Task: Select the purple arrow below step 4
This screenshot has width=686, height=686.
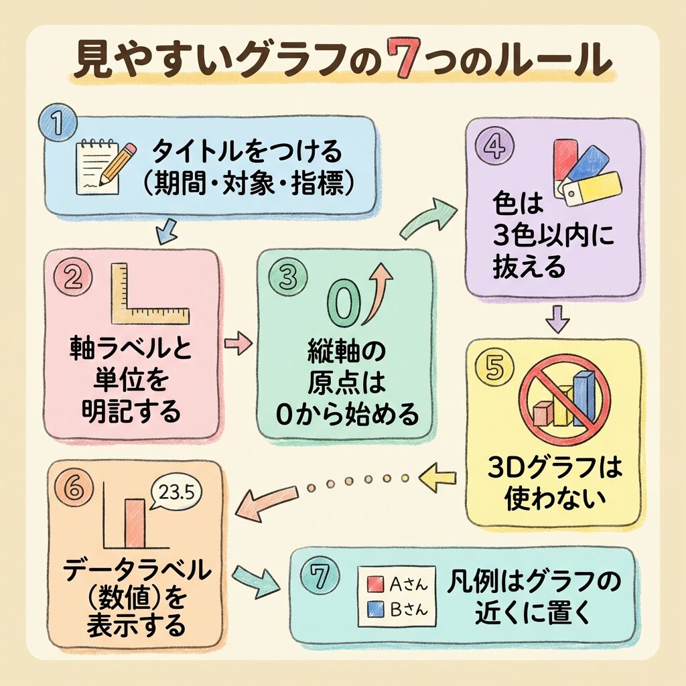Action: pyautogui.click(x=557, y=319)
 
